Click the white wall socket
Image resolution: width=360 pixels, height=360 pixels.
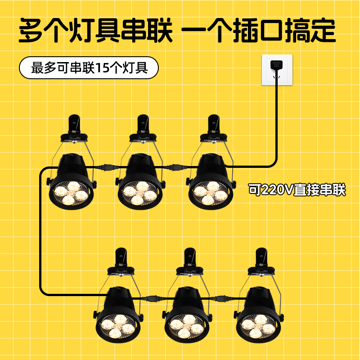click(x=277, y=70)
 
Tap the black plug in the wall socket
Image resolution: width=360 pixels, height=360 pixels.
click(x=276, y=64)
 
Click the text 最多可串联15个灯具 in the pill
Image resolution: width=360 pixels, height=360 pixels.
click(x=89, y=69)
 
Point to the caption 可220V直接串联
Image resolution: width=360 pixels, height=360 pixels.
click(x=297, y=190)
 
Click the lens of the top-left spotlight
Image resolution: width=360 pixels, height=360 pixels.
click(x=70, y=192)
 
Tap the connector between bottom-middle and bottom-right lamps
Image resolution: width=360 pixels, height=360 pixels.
click(x=221, y=298)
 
